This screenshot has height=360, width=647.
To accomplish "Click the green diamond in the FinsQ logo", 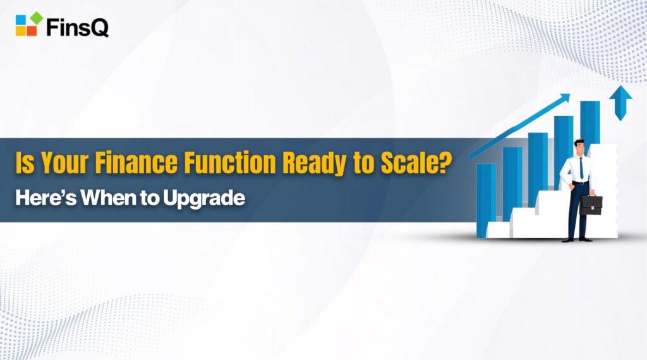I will (x=37, y=18).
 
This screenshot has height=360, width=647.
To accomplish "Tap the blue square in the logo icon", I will (x=21, y=20).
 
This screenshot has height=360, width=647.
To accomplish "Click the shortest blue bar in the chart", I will (x=486, y=199).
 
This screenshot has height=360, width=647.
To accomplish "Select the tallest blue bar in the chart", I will (x=590, y=123).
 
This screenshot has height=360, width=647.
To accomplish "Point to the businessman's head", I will (x=579, y=146).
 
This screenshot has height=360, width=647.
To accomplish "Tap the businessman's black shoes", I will (x=577, y=239).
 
